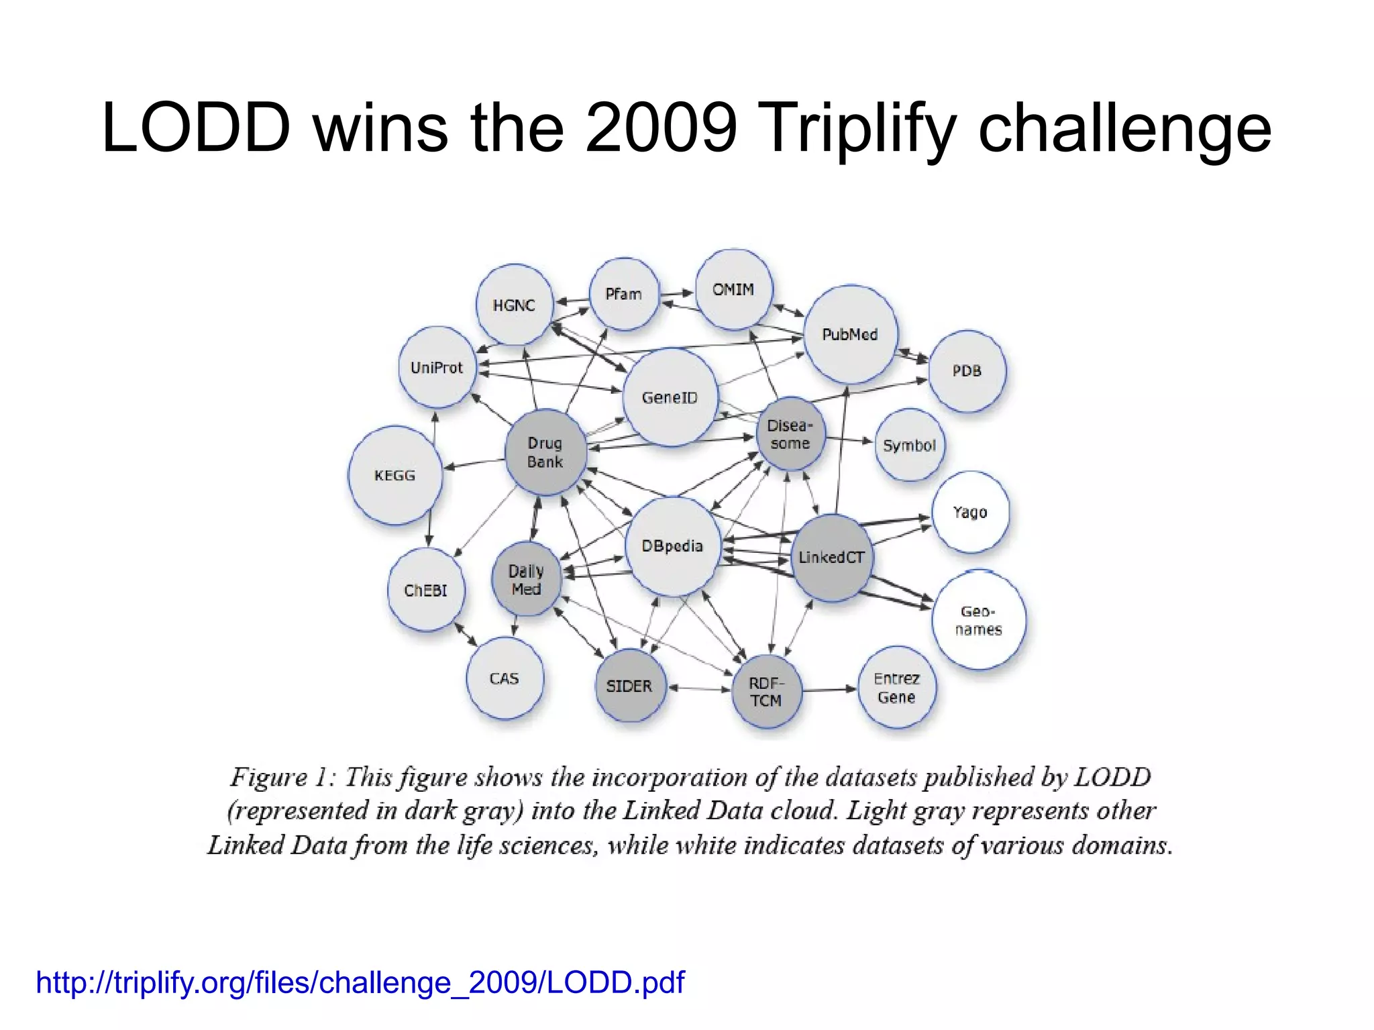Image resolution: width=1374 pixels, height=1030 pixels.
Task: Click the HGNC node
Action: tap(515, 305)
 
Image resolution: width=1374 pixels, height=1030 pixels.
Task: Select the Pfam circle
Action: tap(624, 294)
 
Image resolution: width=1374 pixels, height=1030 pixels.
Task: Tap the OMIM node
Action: tap(733, 289)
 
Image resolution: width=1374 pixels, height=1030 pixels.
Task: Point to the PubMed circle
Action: tap(850, 334)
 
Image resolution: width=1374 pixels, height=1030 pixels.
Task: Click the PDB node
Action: tap(967, 371)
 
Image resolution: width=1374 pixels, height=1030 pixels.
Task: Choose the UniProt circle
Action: tap(437, 368)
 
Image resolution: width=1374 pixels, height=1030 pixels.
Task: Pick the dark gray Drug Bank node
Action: tap(545, 452)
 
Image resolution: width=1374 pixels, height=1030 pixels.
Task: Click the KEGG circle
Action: tap(394, 475)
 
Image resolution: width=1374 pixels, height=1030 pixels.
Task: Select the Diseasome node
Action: tap(790, 434)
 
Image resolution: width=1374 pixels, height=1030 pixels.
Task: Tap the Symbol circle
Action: tap(909, 446)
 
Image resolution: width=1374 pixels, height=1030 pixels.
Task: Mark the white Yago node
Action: tap(970, 512)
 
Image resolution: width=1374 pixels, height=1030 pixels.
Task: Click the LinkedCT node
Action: tap(831, 557)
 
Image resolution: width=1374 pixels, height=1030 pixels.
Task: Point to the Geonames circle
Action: tap(979, 620)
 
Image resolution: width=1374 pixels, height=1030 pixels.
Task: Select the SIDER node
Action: tap(629, 686)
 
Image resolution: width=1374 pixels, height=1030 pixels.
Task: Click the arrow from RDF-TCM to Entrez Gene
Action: tap(831, 689)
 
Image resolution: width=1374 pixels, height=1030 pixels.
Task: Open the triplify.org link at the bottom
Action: tap(360, 982)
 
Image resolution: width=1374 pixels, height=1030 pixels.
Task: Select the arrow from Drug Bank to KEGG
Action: tap(474, 464)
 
